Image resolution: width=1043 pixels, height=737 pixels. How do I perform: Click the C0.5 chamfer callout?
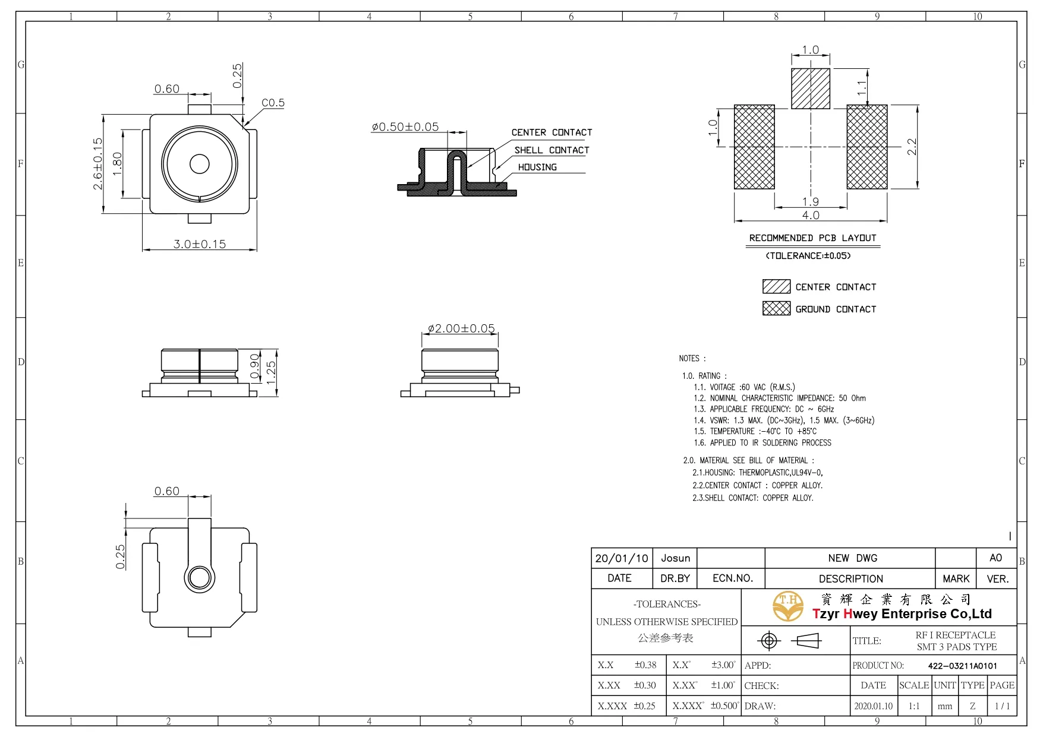coord(273,103)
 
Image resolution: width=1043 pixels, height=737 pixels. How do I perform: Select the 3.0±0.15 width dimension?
coord(199,244)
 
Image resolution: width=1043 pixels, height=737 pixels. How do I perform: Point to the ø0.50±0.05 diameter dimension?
coord(405,127)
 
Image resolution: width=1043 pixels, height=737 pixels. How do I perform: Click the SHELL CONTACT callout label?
coord(552,150)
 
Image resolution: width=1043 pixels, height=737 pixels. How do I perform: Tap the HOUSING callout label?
coord(537,167)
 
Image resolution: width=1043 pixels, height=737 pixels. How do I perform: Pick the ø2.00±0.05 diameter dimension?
coord(461,328)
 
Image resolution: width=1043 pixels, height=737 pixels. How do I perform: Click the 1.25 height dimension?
coord(271,372)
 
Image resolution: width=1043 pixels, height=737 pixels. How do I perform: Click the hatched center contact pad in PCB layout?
coord(810,89)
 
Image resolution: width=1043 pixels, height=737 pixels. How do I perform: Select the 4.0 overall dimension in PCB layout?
coord(811,215)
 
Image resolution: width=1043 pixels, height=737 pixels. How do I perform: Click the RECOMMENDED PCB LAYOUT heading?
coord(812,238)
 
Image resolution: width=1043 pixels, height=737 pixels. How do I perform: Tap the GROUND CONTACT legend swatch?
coord(776,308)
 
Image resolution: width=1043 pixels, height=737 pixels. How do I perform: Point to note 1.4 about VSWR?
coord(783,420)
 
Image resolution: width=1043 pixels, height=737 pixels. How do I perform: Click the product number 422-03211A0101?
coord(962,666)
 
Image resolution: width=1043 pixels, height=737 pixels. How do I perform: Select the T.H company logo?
coord(788,606)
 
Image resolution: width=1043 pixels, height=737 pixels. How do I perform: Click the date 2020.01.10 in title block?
coord(873,706)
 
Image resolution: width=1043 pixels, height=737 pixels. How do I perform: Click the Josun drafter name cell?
coord(675,558)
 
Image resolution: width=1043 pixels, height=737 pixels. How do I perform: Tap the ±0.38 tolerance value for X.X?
coord(645,665)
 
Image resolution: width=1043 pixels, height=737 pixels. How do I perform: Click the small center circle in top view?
coord(200,164)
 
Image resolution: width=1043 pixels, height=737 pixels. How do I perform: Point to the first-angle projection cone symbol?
coord(806,641)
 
